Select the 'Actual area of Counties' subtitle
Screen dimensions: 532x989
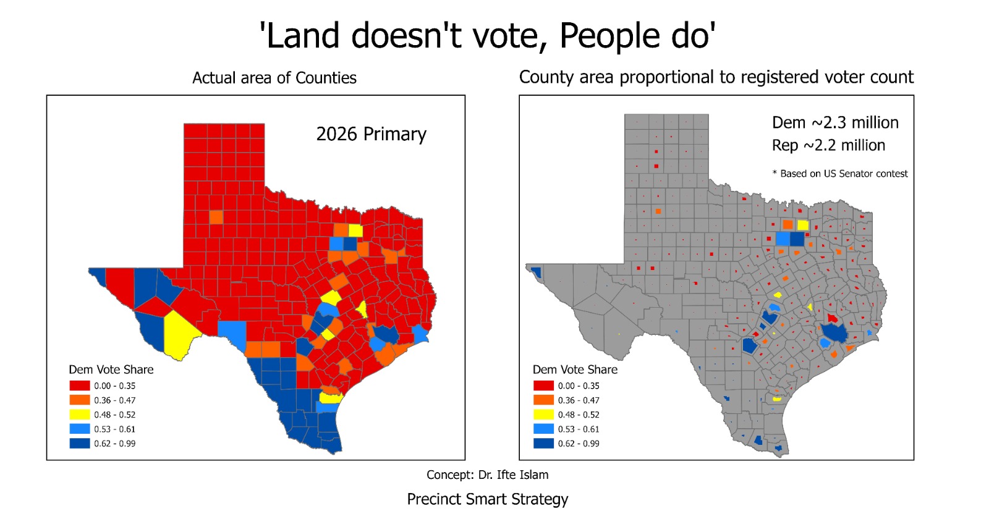coord(274,78)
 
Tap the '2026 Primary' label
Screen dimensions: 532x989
coord(371,134)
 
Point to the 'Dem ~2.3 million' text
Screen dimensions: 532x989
coord(835,122)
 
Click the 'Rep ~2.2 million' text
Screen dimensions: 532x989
coord(828,145)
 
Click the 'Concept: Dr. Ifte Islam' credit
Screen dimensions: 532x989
coord(487,475)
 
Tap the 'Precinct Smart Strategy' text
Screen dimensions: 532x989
coord(487,499)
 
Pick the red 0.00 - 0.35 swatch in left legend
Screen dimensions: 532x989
coord(80,386)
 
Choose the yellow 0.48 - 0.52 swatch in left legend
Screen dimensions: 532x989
coord(80,415)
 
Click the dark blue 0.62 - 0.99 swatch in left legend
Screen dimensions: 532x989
coord(80,443)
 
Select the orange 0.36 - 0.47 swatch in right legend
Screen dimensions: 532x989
coord(543,400)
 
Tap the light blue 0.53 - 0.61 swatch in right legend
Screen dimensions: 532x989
coord(543,429)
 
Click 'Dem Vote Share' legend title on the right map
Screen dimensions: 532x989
coord(575,369)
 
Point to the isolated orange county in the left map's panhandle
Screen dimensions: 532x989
coord(216,217)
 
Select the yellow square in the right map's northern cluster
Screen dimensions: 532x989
coord(803,225)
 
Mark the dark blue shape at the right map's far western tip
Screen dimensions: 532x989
coord(536,272)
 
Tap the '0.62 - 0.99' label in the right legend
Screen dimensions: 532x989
coord(579,444)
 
